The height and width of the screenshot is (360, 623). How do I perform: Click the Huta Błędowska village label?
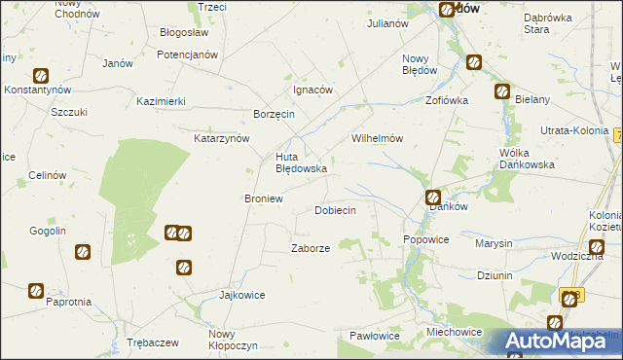[x=300, y=162]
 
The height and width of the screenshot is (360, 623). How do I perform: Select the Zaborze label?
[x=311, y=248]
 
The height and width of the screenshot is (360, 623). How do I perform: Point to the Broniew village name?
[x=263, y=198]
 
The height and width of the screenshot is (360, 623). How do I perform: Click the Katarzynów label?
[x=222, y=138]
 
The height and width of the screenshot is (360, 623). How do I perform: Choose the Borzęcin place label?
[x=275, y=114]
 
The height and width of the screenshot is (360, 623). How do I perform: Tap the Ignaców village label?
[x=313, y=90]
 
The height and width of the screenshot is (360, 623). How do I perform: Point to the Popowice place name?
[x=425, y=239]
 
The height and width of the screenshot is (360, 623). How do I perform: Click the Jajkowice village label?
[x=242, y=295]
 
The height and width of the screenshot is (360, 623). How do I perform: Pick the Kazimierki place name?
[x=162, y=101]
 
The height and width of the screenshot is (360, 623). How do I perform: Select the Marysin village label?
[x=494, y=243]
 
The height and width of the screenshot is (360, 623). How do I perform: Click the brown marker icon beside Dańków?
[x=434, y=198]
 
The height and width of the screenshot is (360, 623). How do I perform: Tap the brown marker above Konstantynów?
[x=41, y=75]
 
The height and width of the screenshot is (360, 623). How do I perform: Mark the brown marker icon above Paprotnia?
[x=36, y=289]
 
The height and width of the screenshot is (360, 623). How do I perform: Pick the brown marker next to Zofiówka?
[x=501, y=92]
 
